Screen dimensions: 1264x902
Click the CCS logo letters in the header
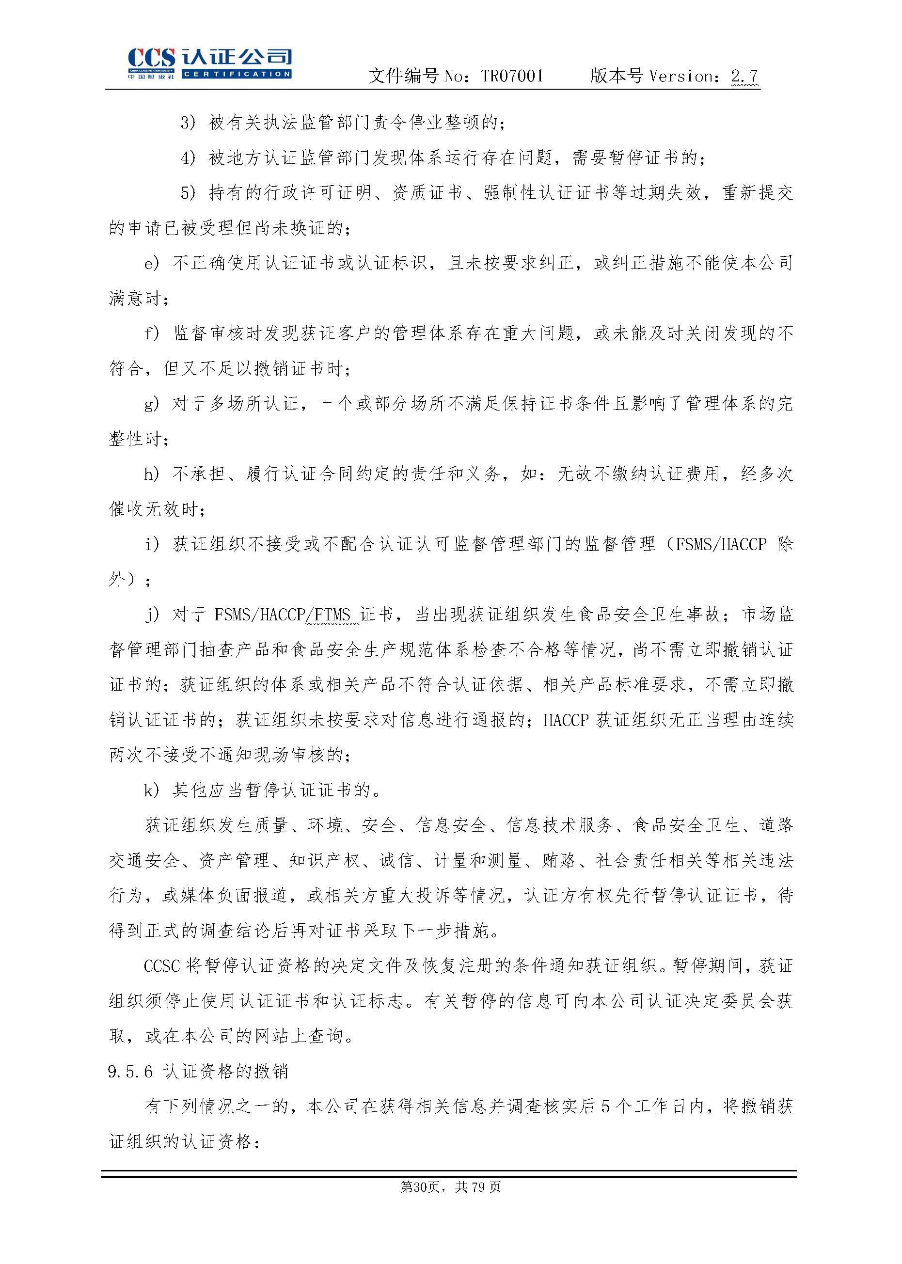151,58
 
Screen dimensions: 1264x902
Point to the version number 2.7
744,76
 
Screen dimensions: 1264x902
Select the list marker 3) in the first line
188,122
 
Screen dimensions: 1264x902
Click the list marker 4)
188,158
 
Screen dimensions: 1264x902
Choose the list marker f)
151,333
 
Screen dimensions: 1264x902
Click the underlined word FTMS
332,615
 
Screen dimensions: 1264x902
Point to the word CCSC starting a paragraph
161,966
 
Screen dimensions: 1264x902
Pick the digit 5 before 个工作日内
605,1107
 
